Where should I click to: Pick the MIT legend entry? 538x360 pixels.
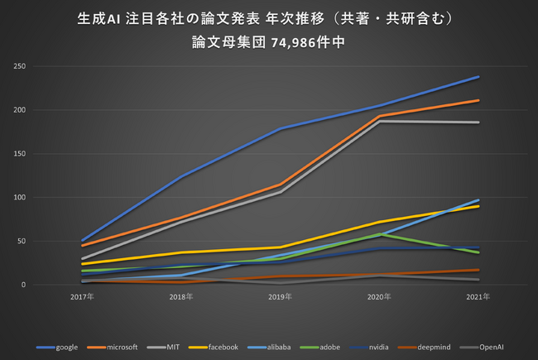(169, 347)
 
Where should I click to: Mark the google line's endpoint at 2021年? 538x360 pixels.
(479, 77)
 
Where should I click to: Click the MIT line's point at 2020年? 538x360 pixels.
(380, 121)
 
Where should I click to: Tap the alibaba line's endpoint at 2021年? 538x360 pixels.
(479, 199)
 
